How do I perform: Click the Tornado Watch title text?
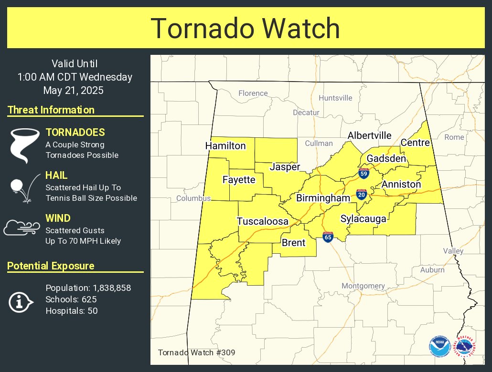tap(246, 28)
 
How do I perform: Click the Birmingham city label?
tap(323, 198)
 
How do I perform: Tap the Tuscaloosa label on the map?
tap(263, 221)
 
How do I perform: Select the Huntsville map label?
tap(335, 98)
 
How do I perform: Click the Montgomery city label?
tap(363, 286)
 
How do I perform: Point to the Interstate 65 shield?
tap(328, 237)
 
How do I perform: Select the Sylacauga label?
tap(363, 219)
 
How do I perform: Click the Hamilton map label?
tap(225, 146)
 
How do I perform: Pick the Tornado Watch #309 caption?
tap(196, 353)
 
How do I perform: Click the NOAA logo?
tap(439, 346)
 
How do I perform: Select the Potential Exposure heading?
tap(51, 266)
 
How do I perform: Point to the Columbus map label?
tap(193, 198)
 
